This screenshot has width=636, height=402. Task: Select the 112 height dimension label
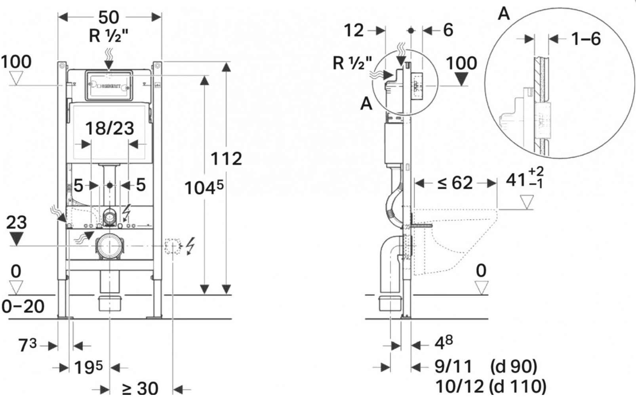click(x=226, y=159)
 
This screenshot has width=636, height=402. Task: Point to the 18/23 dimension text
click(x=110, y=128)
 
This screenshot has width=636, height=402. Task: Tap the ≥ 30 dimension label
click(x=140, y=389)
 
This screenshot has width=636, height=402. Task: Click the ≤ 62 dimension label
click(x=455, y=183)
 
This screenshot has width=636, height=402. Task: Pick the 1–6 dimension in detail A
click(x=586, y=38)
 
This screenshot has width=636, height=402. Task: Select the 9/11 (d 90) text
click(x=486, y=367)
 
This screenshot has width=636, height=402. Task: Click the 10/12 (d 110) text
click(x=490, y=386)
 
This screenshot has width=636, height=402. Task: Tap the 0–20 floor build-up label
click(x=23, y=306)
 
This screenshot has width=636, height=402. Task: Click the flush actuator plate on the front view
click(x=108, y=85)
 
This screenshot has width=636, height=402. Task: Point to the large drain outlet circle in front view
click(x=108, y=247)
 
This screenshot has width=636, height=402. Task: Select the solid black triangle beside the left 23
click(x=16, y=239)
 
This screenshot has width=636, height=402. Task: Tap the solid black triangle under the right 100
click(x=461, y=79)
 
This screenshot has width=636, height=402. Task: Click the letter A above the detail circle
click(x=504, y=13)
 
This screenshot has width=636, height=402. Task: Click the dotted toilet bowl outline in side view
click(x=455, y=242)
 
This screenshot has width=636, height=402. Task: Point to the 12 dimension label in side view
click(x=353, y=30)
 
